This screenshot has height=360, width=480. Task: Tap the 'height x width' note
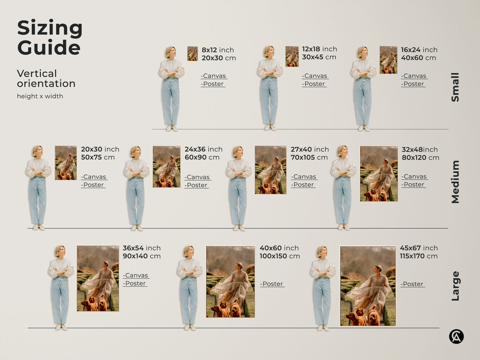tap(40, 96)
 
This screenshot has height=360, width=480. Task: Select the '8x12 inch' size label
tap(218, 50)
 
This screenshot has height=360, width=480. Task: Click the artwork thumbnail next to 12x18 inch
tap(292, 56)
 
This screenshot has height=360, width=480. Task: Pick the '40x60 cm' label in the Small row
tap(418, 58)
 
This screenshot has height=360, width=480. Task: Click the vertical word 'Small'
tap(455, 87)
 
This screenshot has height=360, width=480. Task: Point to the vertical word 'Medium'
tap(455, 182)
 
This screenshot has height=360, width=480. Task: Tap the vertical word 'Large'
tap(455, 286)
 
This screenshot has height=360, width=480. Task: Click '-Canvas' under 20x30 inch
tap(94, 177)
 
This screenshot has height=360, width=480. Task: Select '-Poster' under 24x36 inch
tap(197, 185)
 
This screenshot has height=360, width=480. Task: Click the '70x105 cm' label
tap(309, 157)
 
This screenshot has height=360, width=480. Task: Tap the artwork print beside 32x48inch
tap(379, 174)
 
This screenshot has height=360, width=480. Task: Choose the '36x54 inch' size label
tap(142, 248)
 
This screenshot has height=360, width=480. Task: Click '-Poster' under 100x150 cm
tap(272, 284)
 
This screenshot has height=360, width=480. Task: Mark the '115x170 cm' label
tap(419, 256)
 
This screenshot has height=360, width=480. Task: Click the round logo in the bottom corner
tap(456, 336)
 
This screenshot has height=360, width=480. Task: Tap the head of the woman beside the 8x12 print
tap(170, 52)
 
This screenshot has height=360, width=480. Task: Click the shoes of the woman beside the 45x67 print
tap(323, 328)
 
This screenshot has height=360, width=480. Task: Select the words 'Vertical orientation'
tap(46, 78)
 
